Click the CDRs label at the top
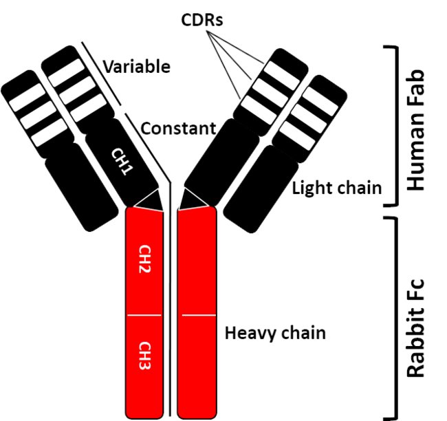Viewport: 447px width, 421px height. (204, 20)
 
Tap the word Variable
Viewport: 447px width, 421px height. (136, 67)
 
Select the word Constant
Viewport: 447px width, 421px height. (179, 128)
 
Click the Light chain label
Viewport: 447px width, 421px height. (336, 187)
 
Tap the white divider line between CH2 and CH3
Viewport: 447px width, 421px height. (144, 315)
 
